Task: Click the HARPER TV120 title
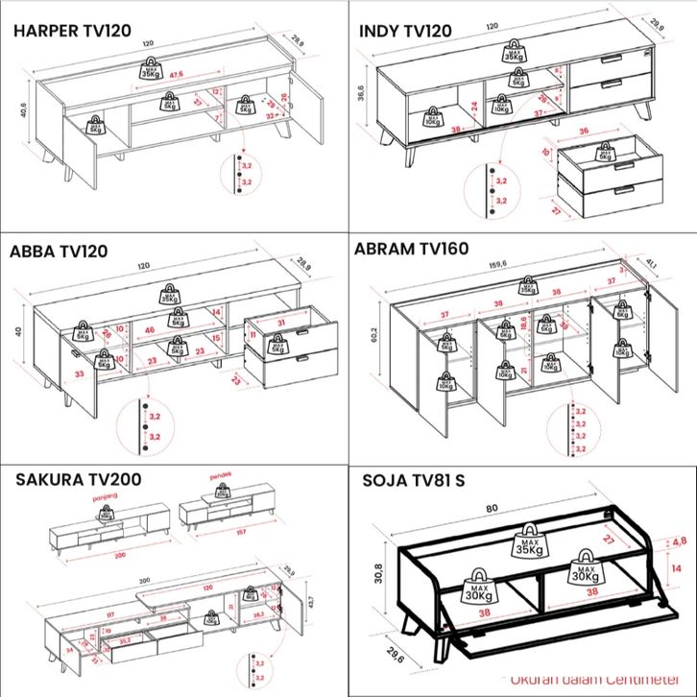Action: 72,31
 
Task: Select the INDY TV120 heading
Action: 404,31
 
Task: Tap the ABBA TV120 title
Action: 59,252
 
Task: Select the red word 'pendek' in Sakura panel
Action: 224,475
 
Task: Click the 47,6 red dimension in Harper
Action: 176,75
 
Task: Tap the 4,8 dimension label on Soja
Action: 678,539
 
